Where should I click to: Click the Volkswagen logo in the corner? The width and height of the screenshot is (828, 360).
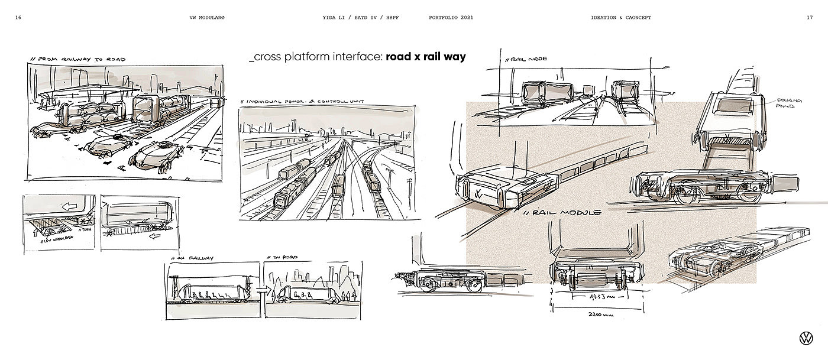click(806, 339)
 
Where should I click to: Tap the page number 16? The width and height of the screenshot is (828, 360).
click(19, 17)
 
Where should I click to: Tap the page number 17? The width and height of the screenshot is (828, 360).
click(809, 17)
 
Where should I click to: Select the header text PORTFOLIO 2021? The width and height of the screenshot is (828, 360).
click(451, 17)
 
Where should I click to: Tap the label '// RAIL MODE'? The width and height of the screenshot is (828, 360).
click(525, 59)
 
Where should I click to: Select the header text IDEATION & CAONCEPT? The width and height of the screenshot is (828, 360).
click(620, 17)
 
